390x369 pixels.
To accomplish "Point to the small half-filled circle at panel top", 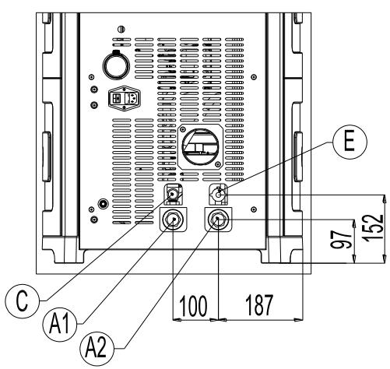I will pyautogui.click(x=118, y=30).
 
